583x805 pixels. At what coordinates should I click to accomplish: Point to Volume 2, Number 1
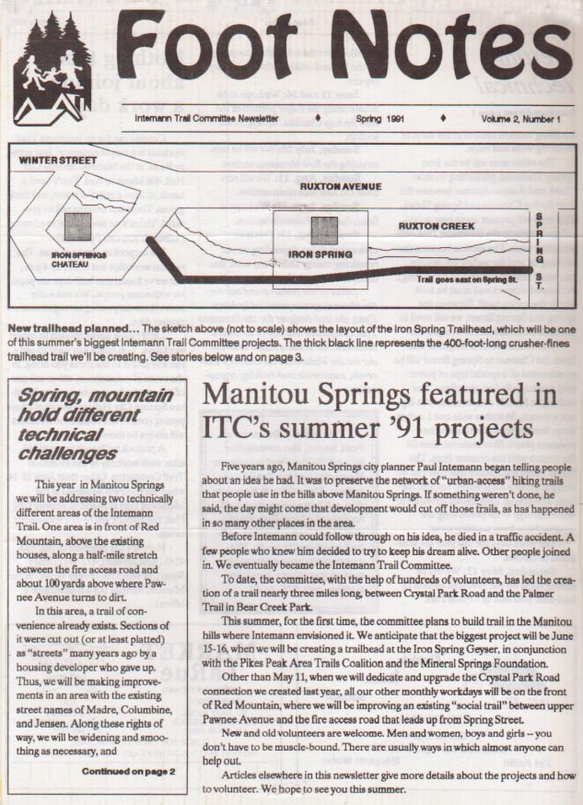[x=519, y=119]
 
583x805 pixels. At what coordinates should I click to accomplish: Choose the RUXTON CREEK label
[x=437, y=225]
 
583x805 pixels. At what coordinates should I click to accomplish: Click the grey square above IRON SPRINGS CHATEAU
[x=77, y=227]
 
